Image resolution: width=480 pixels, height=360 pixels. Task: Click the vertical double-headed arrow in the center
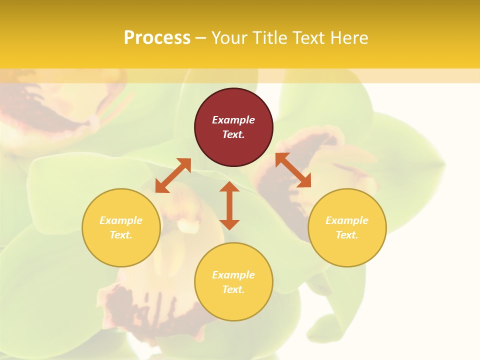[229, 205]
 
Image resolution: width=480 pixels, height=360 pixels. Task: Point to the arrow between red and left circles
[173, 175]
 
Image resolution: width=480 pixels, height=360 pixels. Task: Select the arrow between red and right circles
[293, 170]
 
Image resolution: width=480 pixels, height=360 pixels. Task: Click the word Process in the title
[157, 38]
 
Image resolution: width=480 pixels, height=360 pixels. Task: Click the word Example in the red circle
[233, 120]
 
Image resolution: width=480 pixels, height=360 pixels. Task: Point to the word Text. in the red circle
[233, 134]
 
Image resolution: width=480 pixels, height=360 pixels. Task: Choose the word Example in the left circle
[121, 220]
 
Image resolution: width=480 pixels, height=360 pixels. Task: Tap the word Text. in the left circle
[121, 235]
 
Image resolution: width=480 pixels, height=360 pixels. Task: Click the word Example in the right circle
[347, 220]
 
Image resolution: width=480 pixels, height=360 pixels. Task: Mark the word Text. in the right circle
[347, 235]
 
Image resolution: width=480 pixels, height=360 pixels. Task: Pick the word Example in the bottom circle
[233, 275]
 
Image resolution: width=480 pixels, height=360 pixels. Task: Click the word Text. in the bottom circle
[233, 289]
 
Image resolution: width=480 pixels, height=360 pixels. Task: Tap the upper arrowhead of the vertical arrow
[229, 186]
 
